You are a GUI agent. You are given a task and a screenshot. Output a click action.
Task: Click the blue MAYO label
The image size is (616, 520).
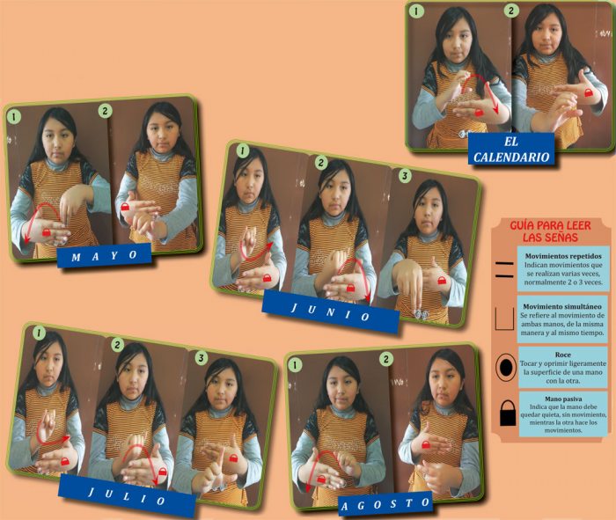[105, 255]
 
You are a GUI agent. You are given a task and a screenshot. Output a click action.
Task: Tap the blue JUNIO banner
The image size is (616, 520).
[331, 311]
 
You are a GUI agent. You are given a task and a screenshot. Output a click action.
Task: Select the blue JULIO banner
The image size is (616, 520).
[127, 495]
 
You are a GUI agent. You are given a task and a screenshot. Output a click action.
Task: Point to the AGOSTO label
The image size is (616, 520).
[385, 503]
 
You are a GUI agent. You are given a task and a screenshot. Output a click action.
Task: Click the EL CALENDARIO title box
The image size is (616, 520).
[511, 149]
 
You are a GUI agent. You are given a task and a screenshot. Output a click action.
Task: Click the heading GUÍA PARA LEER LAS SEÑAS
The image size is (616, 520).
[550, 231]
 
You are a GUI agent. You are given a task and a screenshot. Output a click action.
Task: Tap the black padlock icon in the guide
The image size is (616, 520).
[508, 414]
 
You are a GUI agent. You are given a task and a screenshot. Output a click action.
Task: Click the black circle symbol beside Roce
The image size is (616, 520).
[506, 367]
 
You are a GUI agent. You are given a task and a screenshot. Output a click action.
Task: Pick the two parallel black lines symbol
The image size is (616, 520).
[504, 269]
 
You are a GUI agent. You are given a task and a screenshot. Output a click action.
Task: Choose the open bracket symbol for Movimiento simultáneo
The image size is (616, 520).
[504, 319]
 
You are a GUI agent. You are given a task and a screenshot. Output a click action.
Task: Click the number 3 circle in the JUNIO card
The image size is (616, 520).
[405, 176]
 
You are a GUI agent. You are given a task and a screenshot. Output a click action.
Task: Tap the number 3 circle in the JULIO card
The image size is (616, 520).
[202, 358]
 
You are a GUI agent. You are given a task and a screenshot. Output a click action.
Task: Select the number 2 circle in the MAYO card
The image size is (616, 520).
[105, 111]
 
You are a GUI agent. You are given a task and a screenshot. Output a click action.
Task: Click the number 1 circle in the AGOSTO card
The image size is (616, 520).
[295, 365]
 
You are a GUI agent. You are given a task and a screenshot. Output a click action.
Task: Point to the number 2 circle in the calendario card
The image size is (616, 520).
[510, 11]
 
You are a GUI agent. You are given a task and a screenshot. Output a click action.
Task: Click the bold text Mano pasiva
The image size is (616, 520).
[563, 399]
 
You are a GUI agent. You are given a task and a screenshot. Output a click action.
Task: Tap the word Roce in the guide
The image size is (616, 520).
[563, 355]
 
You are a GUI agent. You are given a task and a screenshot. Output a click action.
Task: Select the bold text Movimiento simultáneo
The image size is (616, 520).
[562, 306]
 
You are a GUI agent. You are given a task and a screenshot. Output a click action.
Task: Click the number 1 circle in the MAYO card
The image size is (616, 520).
[14, 117]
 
